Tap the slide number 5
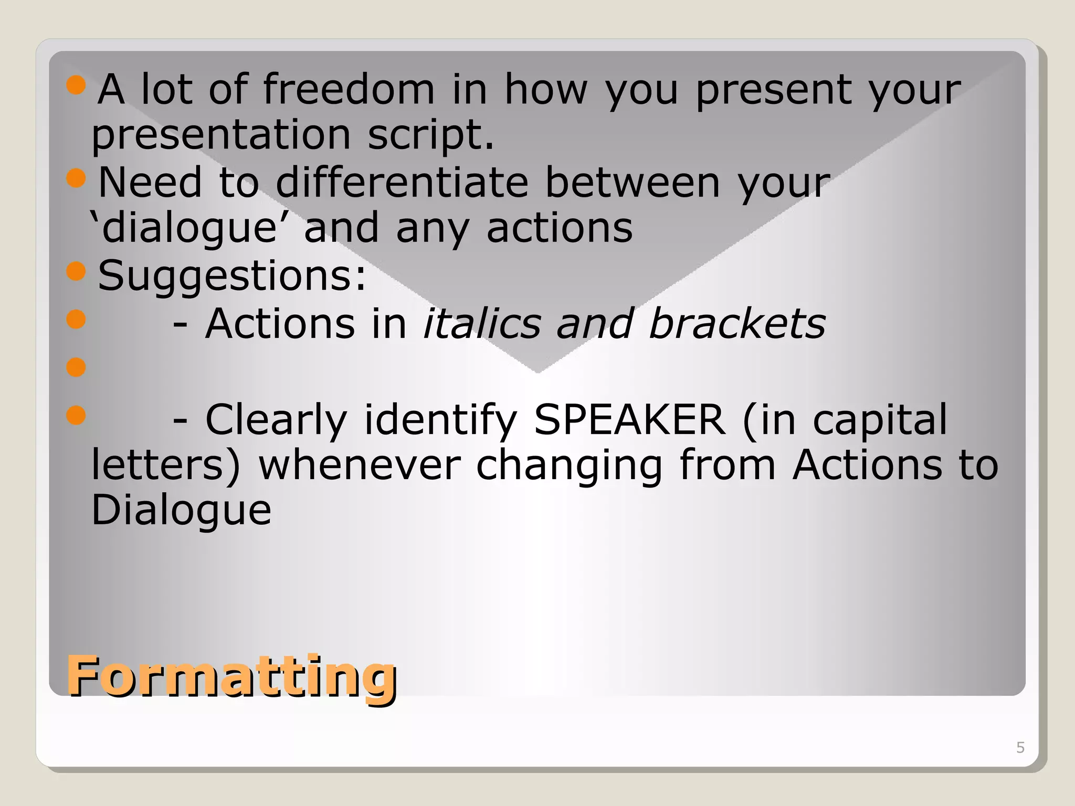(1020, 747)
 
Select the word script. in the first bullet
(430, 135)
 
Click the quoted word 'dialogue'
(184, 228)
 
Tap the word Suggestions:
(232, 275)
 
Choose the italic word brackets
(737, 323)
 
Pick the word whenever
(360, 465)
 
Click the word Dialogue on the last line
(181, 510)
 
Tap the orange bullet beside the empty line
(76, 367)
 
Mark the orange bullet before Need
(76, 178)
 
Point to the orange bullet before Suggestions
(76, 271)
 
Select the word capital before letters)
(880, 420)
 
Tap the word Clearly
(276, 420)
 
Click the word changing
(569, 465)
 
